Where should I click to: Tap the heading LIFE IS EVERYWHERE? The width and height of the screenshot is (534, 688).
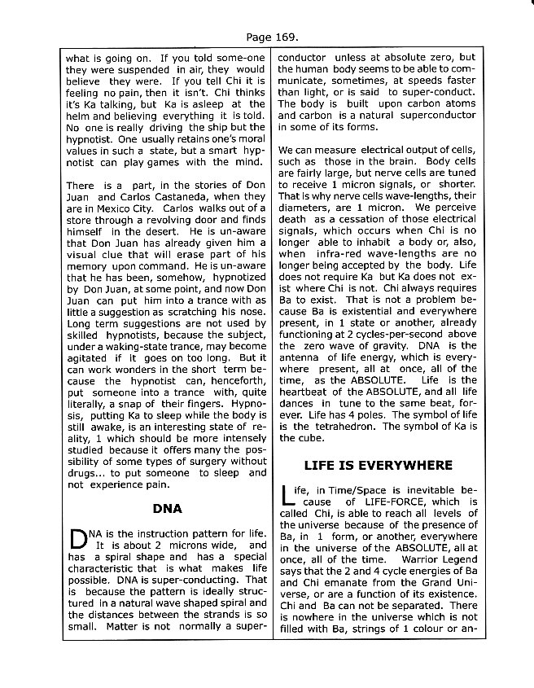coord(377,465)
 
